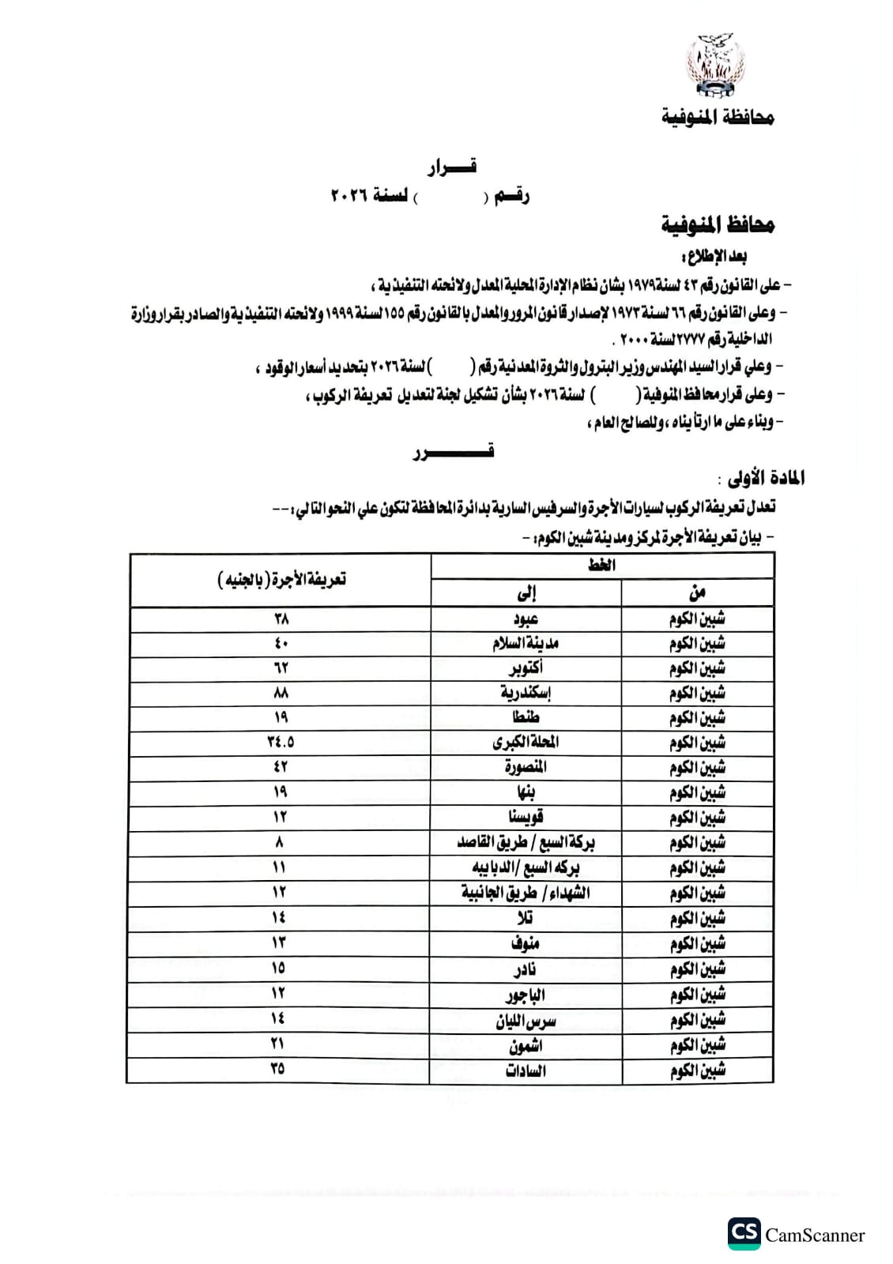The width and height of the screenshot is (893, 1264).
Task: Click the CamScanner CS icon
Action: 744,1234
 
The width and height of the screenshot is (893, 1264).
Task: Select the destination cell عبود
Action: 526,619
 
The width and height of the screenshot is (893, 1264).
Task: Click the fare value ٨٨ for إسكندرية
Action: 281,693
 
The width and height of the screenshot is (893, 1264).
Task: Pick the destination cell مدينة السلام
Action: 526,643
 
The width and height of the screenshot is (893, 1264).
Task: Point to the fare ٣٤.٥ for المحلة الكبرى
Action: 281,742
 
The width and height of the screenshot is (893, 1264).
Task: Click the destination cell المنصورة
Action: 526,767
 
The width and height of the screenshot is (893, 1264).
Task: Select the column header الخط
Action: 602,566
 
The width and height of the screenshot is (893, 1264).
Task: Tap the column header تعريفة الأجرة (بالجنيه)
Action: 281,580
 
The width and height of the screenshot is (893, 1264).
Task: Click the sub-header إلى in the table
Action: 526,592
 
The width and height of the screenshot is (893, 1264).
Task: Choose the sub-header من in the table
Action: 697,592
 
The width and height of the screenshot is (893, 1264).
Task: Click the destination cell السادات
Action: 526,1071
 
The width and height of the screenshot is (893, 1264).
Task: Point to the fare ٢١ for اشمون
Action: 278,1044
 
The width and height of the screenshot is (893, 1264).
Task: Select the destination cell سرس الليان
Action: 526,1021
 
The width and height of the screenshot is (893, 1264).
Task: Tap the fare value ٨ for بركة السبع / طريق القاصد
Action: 280,842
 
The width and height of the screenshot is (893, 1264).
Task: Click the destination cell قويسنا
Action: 526,817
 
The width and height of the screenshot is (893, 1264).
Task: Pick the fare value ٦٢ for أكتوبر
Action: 281,668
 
